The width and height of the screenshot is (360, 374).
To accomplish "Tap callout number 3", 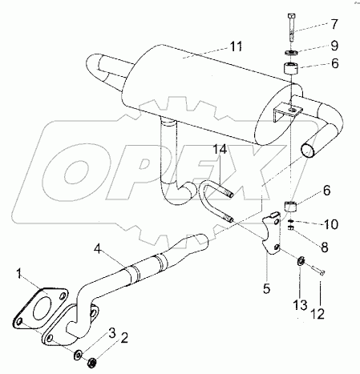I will pos(111,332).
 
